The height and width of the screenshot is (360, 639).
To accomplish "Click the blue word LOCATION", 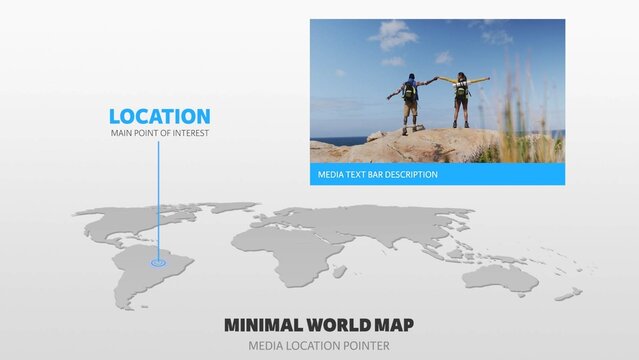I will (160, 117).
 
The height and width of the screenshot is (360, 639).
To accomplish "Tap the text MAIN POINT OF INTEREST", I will (160, 133).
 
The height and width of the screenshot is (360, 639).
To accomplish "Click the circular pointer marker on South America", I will (158, 263).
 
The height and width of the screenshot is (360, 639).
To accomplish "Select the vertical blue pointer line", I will (158, 200).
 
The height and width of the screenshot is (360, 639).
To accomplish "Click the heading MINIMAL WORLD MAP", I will (319, 325).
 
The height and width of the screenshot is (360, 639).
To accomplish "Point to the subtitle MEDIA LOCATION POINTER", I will (319, 345).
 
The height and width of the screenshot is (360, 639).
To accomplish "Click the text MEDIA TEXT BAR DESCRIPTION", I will (377, 174).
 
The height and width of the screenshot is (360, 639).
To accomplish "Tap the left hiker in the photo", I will (409, 100).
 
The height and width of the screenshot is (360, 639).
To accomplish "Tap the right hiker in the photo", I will (461, 98).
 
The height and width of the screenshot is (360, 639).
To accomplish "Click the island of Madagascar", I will (340, 271).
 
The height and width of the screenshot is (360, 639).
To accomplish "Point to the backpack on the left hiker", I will (410, 91).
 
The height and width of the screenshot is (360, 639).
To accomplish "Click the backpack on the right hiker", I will (461, 89).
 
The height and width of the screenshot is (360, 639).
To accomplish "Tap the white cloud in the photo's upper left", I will (392, 36).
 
